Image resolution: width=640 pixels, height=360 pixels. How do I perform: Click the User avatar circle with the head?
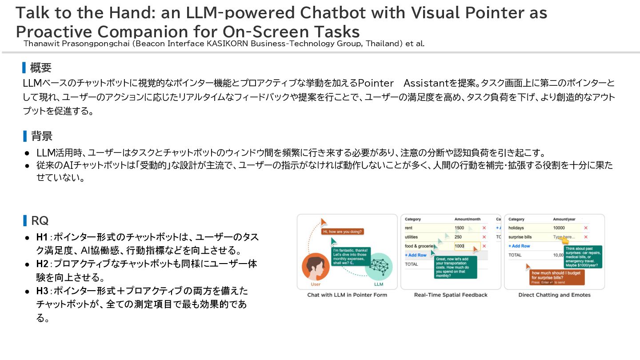tap(316, 267)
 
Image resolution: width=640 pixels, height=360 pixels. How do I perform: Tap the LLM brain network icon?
tap(379, 267)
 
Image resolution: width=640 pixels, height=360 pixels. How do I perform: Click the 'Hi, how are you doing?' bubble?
tap(343, 232)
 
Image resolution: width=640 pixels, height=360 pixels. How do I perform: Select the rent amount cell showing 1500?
tap(459, 228)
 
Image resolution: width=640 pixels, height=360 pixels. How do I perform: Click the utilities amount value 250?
tap(458, 237)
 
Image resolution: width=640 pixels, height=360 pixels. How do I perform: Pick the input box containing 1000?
tap(467, 246)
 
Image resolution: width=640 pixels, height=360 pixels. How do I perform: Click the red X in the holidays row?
tap(586, 228)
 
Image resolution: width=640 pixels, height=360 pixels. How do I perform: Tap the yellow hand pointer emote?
tap(565, 240)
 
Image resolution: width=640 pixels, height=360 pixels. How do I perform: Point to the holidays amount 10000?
tap(559, 228)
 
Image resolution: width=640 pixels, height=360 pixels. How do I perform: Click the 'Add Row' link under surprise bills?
tap(519, 246)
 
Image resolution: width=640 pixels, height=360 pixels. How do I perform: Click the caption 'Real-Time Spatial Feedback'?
tap(451, 295)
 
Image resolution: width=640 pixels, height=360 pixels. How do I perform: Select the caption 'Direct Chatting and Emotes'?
tap(554, 295)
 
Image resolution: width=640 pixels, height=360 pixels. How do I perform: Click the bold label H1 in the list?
tap(42, 237)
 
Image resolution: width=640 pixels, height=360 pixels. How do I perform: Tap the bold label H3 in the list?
tap(42, 291)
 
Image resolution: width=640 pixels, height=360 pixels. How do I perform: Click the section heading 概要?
tap(40, 68)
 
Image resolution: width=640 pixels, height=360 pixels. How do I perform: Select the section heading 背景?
tap(41, 136)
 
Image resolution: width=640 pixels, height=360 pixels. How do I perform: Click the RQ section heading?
tap(40, 220)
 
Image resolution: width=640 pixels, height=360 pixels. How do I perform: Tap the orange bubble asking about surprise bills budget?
tap(556, 276)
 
